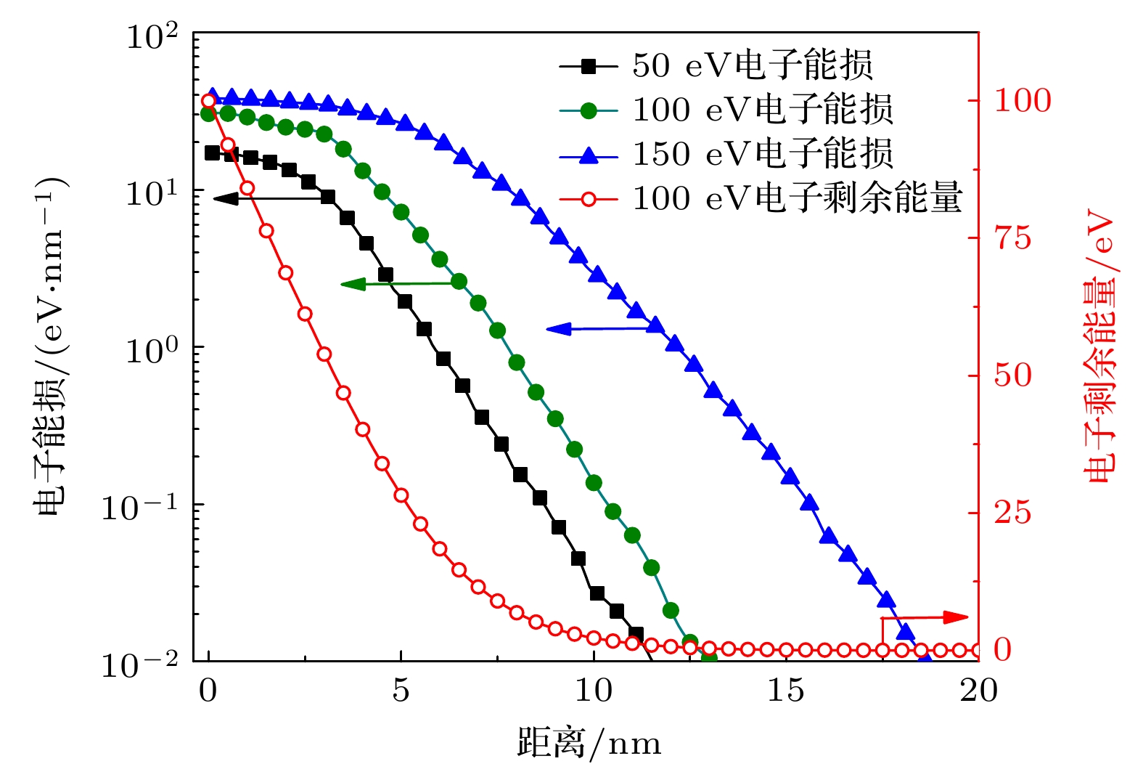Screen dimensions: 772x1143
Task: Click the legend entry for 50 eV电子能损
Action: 752,66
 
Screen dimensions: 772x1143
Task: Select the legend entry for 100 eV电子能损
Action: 762,110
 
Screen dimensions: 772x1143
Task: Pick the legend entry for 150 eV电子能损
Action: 762,155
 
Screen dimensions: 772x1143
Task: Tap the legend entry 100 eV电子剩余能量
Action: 797,198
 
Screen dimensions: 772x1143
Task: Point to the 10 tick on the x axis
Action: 594,691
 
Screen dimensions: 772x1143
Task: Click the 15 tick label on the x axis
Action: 786,691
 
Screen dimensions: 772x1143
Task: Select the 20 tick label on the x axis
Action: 978,691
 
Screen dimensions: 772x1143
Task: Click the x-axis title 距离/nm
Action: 589,744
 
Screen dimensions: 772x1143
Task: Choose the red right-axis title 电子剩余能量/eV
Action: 1099,346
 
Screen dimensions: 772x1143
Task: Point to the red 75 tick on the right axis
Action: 1012,238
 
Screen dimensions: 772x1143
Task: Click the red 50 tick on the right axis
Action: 1012,375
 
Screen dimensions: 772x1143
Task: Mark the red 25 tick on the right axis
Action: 1012,513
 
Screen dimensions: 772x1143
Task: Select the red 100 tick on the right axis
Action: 1022,101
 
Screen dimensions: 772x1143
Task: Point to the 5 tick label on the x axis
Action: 401,691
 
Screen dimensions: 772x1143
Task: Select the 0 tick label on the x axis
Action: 208,691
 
